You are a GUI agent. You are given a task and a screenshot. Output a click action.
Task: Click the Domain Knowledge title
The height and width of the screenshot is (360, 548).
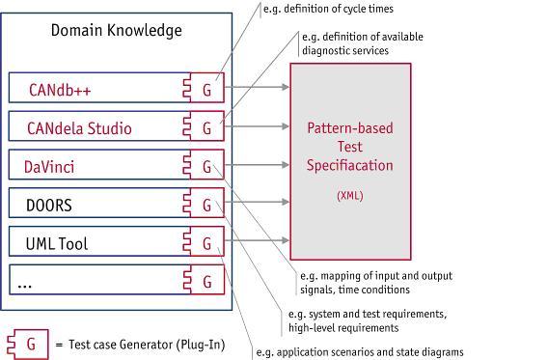[x=117, y=31]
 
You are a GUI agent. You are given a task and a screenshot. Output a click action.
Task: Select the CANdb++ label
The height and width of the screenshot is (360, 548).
[x=60, y=90]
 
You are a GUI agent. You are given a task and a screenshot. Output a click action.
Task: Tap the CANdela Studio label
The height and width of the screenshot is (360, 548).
[x=79, y=128]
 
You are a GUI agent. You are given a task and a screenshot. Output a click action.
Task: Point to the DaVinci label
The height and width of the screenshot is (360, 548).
[x=49, y=167]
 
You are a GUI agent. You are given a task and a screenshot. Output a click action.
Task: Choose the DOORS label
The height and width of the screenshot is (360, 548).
[x=49, y=206]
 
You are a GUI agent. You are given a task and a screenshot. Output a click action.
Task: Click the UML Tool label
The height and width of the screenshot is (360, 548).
[x=57, y=243]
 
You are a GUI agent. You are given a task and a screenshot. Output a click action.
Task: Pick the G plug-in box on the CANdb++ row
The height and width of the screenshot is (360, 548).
[x=204, y=88]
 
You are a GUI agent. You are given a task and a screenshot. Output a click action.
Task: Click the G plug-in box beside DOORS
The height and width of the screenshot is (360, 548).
[x=204, y=203]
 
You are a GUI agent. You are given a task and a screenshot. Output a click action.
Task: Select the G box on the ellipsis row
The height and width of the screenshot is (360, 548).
[x=205, y=280]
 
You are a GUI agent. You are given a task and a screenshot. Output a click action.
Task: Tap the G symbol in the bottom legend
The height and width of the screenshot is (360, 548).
[x=28, y=345]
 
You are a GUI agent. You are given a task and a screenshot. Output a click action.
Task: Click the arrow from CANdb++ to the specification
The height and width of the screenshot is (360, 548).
[x=257, y=87]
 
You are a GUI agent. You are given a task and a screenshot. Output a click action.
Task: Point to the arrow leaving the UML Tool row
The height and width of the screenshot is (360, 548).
[x=257, y=240]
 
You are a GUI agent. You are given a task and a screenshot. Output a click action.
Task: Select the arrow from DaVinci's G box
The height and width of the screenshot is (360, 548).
[x=257, y=165]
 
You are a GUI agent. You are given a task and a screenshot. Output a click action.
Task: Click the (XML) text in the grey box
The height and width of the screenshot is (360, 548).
[x=350, y=195]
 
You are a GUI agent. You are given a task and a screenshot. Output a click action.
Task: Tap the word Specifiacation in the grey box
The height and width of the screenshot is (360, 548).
[x=350, y=165]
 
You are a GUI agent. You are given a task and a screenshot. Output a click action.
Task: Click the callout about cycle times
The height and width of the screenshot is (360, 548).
[x=328, y=9]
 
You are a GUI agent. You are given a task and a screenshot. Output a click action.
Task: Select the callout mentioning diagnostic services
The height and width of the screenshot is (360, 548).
[x=363, y=43]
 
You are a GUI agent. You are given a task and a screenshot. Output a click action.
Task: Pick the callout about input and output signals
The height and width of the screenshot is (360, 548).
[x=376, y=283]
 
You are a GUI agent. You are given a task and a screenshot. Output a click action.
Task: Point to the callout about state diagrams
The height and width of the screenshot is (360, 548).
[x=360, y=351]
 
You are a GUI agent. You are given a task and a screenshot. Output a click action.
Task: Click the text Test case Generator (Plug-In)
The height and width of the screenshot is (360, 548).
[x=147, y=345]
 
